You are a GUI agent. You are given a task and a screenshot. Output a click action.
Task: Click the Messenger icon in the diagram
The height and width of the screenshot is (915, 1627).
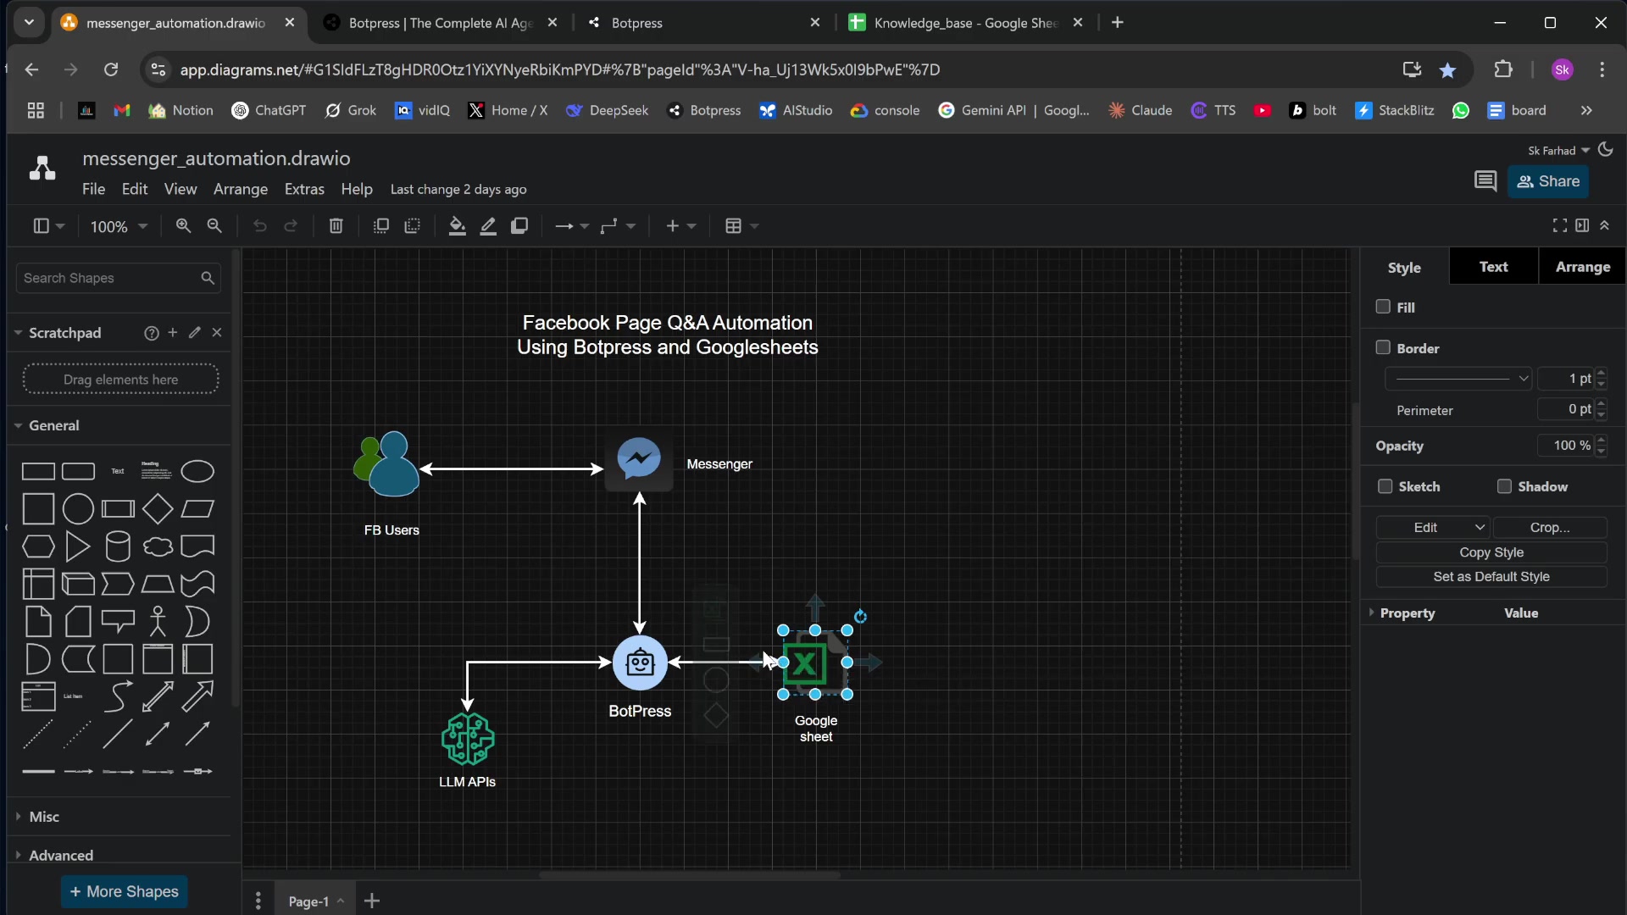(x=639, y=460)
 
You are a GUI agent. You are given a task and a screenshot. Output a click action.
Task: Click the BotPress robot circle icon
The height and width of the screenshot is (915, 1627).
(x=640, y=663)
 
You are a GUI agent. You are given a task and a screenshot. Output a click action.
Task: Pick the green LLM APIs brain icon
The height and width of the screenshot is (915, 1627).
(x=468, y=739)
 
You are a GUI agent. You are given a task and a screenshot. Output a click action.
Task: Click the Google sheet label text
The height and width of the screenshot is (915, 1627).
(x=816, y=729)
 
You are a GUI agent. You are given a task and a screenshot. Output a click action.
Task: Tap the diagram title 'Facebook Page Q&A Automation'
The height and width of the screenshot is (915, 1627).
(x=668, y=323)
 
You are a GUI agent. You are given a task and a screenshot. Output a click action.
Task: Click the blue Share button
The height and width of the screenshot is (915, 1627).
(x=1548, y=181)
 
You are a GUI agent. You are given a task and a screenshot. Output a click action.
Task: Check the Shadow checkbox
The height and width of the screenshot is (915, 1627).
(x=1504, y=486)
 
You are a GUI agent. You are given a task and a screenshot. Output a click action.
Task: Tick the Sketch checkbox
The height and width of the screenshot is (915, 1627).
(x=1385, y=486)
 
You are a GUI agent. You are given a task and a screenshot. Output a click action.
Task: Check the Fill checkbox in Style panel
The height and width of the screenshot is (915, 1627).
(x=1383, y=307)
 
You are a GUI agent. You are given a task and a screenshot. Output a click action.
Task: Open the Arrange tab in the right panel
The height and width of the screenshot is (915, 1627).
(x=1582, y=267)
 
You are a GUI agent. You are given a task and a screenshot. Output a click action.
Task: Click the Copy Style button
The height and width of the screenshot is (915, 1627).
(x=1491, y=552)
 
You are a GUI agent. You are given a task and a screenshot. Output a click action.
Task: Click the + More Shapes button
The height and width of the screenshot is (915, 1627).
(x=124, y=891)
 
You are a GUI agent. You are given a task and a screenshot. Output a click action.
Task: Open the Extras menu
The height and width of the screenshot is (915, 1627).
(x=304, y=189)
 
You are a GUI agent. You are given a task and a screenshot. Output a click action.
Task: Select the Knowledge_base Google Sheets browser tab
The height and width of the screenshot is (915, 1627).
(x=966, y=23)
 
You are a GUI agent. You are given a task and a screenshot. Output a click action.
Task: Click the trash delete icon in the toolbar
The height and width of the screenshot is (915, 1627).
(x=336, y=226)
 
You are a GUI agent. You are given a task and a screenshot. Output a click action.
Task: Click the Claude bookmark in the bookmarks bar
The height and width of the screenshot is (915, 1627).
(x=1141, y=110)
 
